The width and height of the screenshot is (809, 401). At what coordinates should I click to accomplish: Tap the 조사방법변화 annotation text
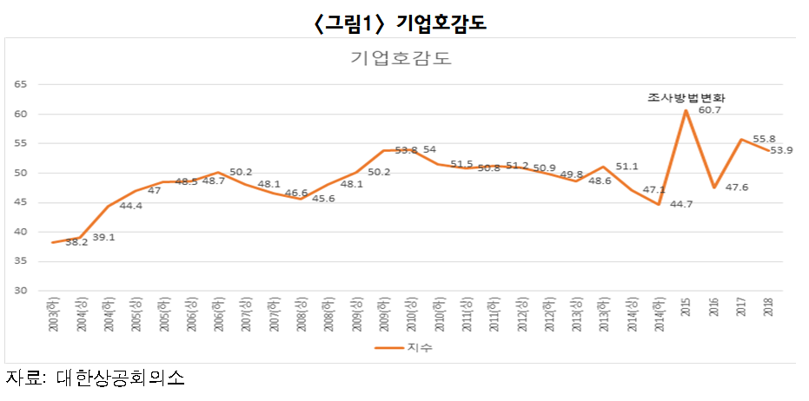(x=686, y=98)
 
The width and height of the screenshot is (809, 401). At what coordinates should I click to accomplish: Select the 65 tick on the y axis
(x=22, y=84)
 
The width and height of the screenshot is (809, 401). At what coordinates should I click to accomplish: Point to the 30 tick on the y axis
(x=22, y=291)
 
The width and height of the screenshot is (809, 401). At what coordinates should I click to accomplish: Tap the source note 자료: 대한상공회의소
(x=96, y=378)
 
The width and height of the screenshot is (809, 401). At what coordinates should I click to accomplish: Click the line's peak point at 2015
(x=686, y=110)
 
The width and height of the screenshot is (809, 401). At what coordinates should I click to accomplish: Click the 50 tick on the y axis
(x=22, y=173)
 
